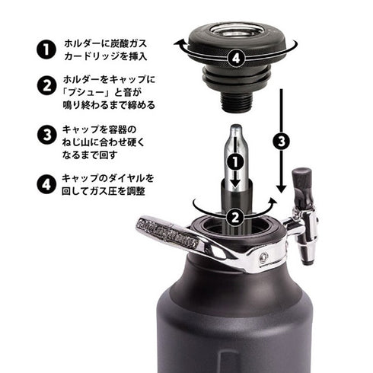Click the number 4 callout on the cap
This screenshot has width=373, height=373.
click(x=238, y=56)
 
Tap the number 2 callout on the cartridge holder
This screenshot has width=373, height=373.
click(x=237, y=216)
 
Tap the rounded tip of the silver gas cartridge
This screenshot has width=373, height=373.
click(x=236, y=130)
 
